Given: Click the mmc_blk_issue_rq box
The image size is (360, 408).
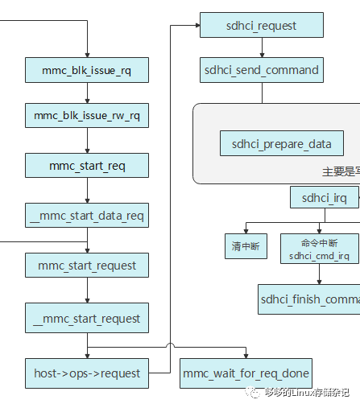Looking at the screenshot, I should coord(87,70).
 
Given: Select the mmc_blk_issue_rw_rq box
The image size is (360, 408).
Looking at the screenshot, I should coord(87,117).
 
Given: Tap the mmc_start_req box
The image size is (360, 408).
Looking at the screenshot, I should coord(87,166).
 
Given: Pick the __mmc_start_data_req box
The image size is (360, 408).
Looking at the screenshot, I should coord(87,215).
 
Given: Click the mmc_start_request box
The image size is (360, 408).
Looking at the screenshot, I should coord(87,265).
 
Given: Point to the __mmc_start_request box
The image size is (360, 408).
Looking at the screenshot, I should coord(87,318).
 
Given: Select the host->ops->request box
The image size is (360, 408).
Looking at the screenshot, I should coord(87,373).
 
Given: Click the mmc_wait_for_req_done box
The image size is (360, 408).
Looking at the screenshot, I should coord(245,373).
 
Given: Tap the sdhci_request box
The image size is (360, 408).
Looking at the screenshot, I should coord(261,26).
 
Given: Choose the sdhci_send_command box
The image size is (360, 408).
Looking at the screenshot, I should coord(261,70).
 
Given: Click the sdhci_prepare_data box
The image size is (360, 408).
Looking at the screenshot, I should coord(281,144).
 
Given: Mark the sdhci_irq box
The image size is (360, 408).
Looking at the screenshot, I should coord(325,197).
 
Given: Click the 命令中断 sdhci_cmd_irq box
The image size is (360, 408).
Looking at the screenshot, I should coord(320,249).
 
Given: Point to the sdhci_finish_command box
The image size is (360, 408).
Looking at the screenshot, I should coord(309,299).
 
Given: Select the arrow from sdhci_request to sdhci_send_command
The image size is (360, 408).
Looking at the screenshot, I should coord(261,47).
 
